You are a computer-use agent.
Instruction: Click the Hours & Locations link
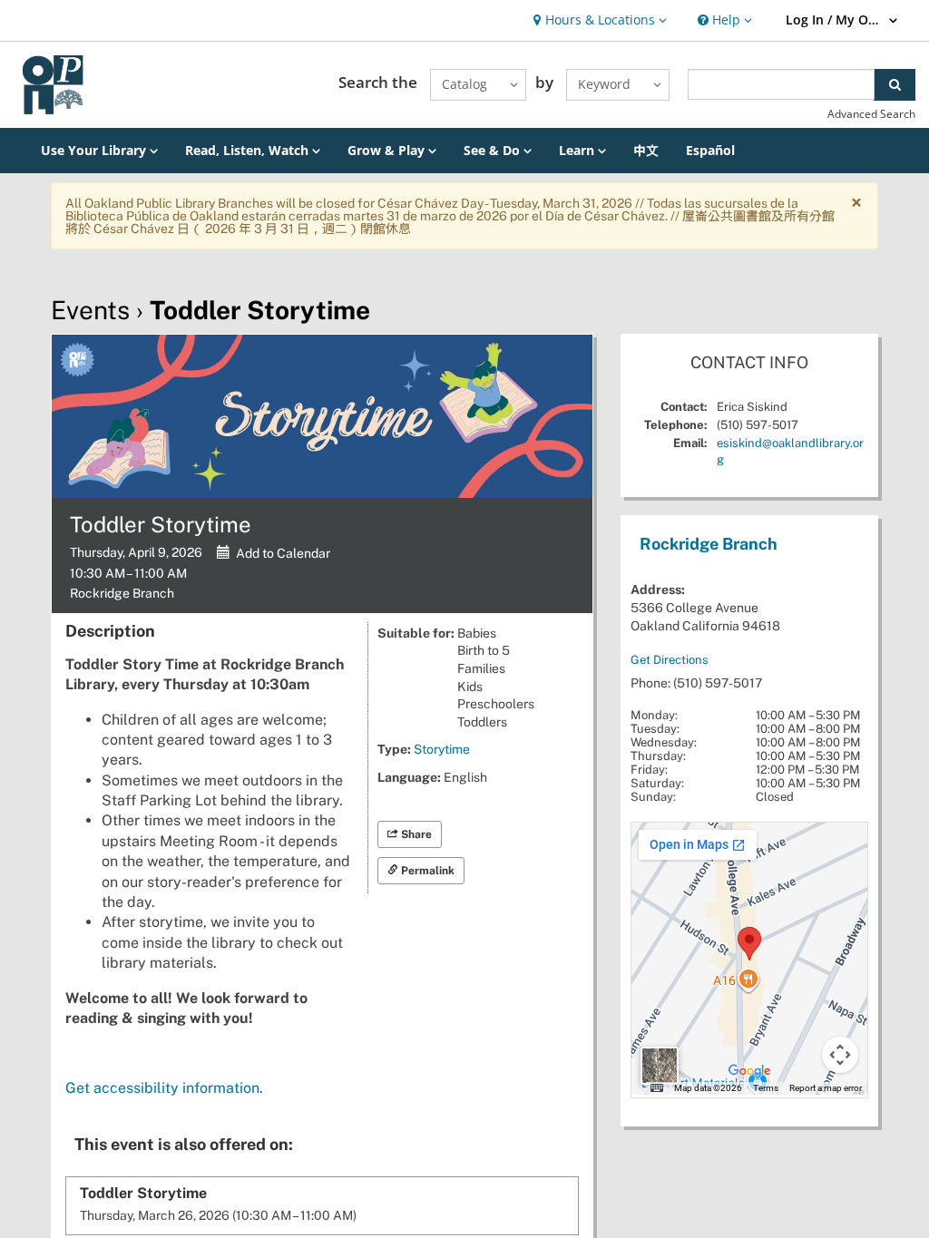(600, 20)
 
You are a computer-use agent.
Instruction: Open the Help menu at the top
(724, 20)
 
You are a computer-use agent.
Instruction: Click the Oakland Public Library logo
(53, 84)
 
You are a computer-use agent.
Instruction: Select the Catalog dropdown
(478, 84)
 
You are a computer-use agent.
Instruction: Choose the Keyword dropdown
(617, 84)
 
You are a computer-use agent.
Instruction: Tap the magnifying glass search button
(895, 84)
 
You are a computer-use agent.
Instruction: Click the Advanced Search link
(871, 114)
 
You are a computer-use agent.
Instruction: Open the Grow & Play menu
(391, 151)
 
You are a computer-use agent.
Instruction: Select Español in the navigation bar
(709, 151)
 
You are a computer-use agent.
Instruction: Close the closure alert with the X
(856, 203)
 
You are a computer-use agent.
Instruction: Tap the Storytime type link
(442, 749)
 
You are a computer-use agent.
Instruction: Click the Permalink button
(421, 871)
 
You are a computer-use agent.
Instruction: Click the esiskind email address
(789, 444)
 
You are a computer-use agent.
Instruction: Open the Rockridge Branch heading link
(708, 544)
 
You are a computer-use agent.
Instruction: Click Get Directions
(669, 660)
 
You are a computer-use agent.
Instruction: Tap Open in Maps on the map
(696, 844)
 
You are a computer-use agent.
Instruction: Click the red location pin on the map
(748, 941)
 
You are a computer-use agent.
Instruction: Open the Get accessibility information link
(163, 1088)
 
